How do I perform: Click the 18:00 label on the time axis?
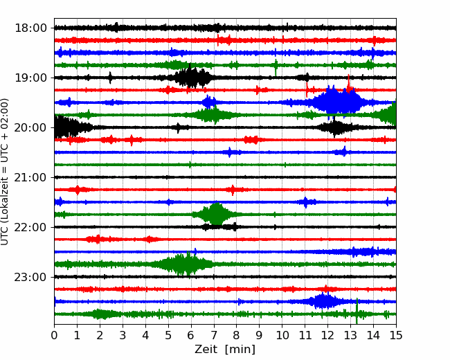coord(30,28)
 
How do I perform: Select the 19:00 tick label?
coord(30,78)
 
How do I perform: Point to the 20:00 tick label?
coord(30,127)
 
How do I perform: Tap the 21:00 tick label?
coord(30,177)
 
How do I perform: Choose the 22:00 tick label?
coord(30,227)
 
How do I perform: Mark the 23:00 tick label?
coord(30,277)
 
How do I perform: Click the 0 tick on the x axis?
coord(54,335)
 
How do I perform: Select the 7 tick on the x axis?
coord(214,335)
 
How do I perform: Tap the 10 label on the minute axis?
coord(282,335)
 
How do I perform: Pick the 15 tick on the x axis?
coord(396,335)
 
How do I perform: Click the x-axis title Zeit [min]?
coord(225,350)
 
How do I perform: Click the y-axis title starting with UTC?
coord(5,172)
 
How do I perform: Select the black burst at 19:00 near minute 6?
coord(192,77)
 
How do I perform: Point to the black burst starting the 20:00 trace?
coord(69,127)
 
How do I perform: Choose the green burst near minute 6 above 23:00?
coord(183,264)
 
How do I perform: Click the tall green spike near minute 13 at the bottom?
coord(357,312)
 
